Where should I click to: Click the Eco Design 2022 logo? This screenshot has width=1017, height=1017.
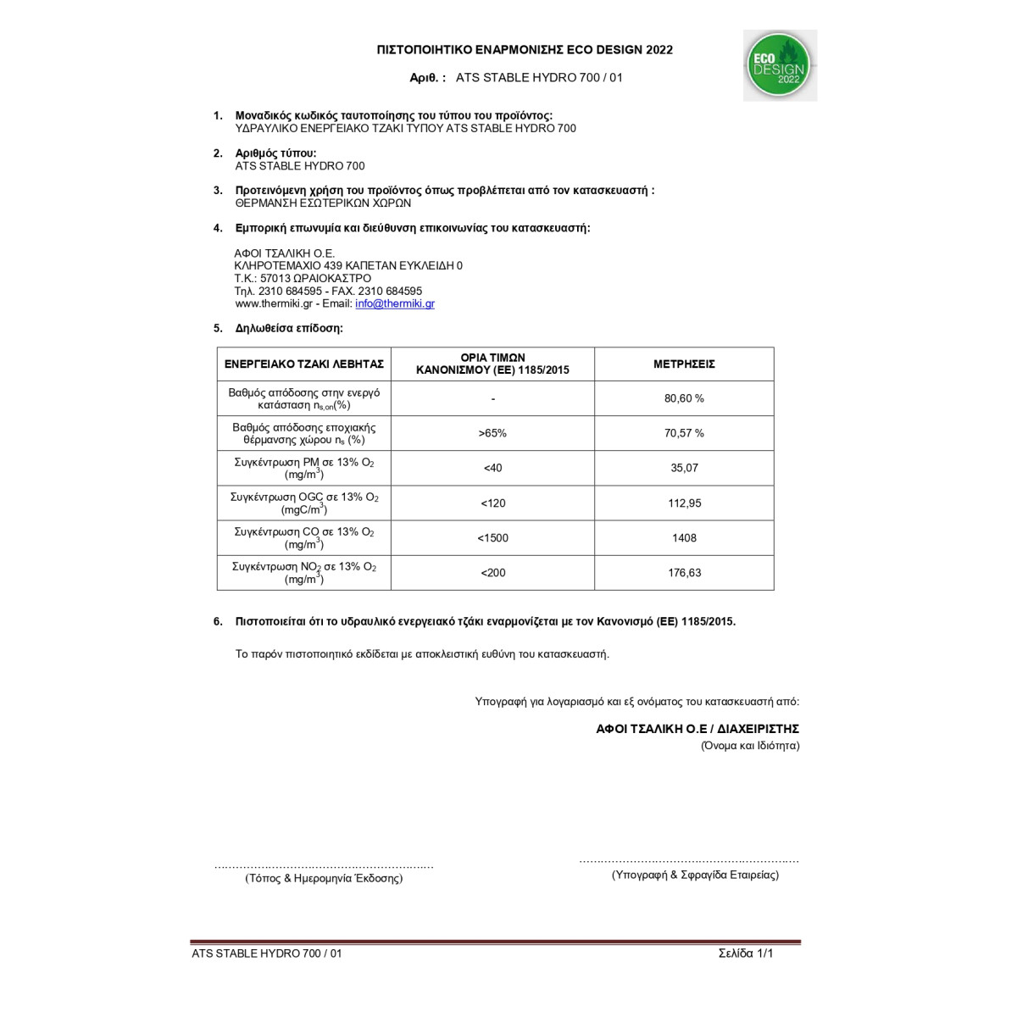[780, 66]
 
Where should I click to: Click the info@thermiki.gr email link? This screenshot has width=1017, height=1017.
[395, 303]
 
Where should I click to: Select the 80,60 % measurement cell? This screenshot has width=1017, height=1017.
[684, 398]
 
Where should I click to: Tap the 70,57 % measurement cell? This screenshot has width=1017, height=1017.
[684, 433]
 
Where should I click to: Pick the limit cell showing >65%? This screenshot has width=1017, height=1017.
[492, 433]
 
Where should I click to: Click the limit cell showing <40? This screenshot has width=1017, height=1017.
[492, 468]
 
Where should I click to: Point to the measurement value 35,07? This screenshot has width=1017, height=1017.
[684, 468]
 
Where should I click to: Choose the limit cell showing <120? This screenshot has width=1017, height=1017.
[492, 503]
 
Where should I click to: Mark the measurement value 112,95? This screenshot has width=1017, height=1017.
[684, 503]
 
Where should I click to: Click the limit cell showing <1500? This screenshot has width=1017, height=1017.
[492, 538]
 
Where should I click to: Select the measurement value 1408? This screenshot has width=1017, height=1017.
[684, 538]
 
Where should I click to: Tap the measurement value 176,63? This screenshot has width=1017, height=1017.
[684, 573]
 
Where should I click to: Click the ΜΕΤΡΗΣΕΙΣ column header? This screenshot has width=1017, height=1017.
[684, 364]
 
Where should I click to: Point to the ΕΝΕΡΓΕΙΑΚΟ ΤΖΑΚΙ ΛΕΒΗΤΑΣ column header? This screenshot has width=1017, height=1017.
[304, 364]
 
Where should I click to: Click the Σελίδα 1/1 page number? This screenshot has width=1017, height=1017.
[746, 953]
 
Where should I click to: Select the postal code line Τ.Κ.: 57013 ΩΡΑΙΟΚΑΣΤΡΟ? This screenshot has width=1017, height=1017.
[303, 278]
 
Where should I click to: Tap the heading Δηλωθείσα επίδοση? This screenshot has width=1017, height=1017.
[289, 328]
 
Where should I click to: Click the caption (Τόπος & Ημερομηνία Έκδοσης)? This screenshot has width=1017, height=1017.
[324, 879]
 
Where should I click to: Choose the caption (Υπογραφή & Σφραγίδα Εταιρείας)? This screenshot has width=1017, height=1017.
[695, 875]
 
